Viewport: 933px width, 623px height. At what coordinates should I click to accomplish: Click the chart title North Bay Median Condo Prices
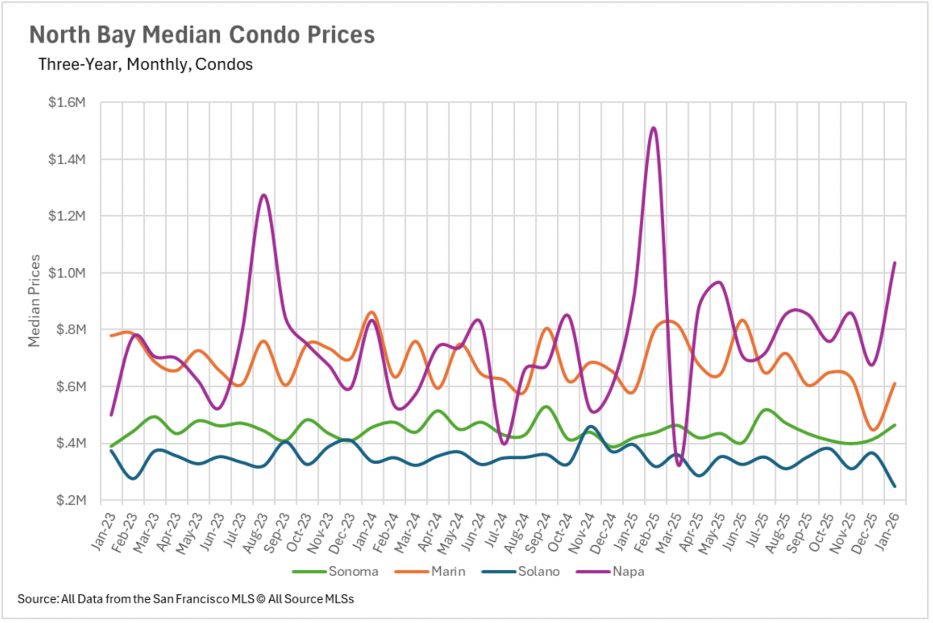(202, 35)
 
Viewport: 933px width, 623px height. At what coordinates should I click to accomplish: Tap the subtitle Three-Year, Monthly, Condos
(145, 64)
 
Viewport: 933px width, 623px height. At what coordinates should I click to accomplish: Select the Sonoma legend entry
(353, 571)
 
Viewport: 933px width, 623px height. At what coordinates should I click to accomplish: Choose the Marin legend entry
(448, 571)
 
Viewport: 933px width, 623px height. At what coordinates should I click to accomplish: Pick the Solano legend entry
(538, 571)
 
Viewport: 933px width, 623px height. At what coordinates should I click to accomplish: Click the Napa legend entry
(628, 571)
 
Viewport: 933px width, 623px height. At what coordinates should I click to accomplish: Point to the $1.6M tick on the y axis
(67, 103)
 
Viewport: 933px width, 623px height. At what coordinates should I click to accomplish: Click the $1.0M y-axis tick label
(67, 273)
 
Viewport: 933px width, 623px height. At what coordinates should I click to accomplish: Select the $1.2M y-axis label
(67, 216)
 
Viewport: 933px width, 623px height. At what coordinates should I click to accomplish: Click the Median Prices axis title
(34, 301)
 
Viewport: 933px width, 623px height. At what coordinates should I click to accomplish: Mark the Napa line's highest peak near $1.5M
(654, 128)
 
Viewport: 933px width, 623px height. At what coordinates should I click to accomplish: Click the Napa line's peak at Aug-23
(263, 195)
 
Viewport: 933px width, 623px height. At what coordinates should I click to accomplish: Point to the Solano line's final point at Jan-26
(895, 486)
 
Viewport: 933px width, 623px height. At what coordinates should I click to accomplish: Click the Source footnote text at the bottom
(186, 599)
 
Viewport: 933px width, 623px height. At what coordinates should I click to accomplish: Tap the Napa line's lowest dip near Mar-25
(679, 465)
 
